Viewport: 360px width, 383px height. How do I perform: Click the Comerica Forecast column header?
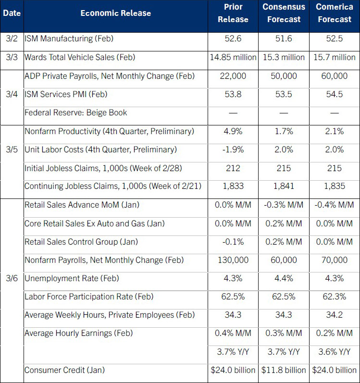(334, 13)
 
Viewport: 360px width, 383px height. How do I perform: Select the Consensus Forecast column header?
(284, 13)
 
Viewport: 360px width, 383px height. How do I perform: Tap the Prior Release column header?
(233, 13)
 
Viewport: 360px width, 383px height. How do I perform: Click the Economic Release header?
(115, 13)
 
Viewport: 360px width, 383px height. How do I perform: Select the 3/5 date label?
(12, 149)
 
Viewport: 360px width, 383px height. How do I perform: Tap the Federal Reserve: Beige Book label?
(75, 112)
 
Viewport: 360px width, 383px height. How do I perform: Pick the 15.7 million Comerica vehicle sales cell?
(334, 57)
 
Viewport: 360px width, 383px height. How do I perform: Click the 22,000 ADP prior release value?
(233, 76)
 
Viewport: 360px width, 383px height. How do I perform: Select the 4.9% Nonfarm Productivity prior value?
(233, 131)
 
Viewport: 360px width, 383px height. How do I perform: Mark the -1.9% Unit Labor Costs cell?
(233, 149)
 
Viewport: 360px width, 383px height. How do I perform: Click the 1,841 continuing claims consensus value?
(284, 186)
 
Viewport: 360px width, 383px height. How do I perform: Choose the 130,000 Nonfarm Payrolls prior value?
(233, 260)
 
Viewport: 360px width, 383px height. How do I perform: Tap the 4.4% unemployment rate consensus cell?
(284, 278)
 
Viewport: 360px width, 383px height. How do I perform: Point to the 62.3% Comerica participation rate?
(334, 297)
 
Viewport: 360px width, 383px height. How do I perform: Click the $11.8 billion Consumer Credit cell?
(284, 370)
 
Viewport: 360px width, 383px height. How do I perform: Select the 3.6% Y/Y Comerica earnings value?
(334, 352)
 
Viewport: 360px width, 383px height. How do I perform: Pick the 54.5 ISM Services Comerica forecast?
(334, 94)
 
